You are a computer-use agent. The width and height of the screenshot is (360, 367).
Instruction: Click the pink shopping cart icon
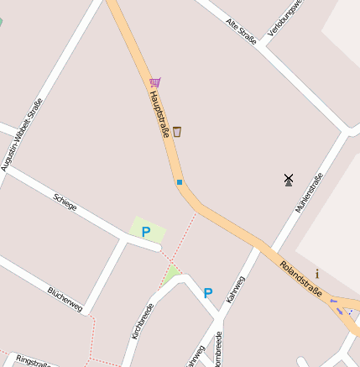[x=154, y=82]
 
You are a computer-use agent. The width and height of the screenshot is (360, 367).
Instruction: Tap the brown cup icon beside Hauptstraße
[x=176, y=131]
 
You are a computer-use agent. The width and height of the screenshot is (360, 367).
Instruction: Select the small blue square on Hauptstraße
[x=179, y=181]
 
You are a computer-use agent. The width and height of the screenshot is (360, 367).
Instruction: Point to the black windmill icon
[x=289, y=179]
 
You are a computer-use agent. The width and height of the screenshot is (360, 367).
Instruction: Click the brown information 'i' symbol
[x=317, y=273]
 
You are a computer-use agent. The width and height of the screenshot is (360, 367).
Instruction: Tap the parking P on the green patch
[x=145, y=232]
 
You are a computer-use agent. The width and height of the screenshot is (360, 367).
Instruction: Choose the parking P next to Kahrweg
[x=208, y=293]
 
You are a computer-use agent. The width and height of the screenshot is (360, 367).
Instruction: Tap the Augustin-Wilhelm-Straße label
[x=22, y=134]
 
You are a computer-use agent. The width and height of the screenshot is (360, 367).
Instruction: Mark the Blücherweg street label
[x=65, y=299]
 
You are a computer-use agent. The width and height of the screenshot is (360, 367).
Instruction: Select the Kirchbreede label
[x=143, y=321]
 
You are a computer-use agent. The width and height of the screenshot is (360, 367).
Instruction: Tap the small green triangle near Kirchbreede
[x=172, y=273]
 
